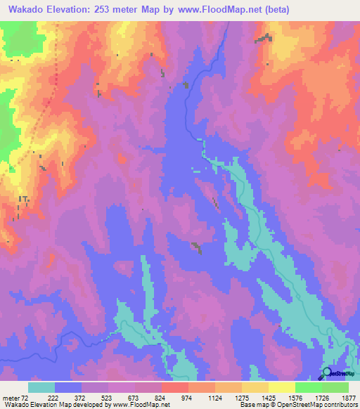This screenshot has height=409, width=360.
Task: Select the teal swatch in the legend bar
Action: [x=41, y=388]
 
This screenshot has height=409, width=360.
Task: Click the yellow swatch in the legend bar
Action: [x=282, y=388]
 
